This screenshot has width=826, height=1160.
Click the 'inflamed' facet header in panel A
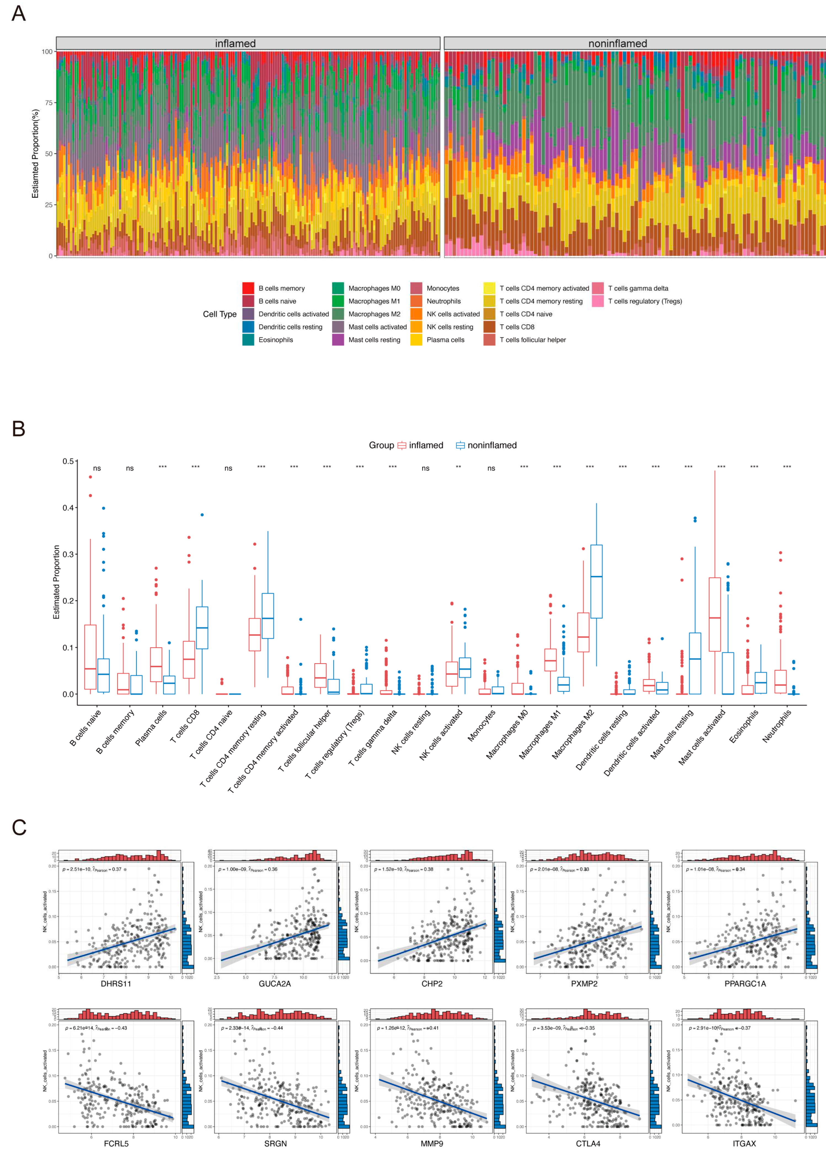(235, 43)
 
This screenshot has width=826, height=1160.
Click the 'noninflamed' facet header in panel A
(618, 43)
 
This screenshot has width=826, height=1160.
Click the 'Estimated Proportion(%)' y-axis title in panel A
(35, 154)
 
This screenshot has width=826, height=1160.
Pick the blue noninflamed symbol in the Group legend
(460, 445)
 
